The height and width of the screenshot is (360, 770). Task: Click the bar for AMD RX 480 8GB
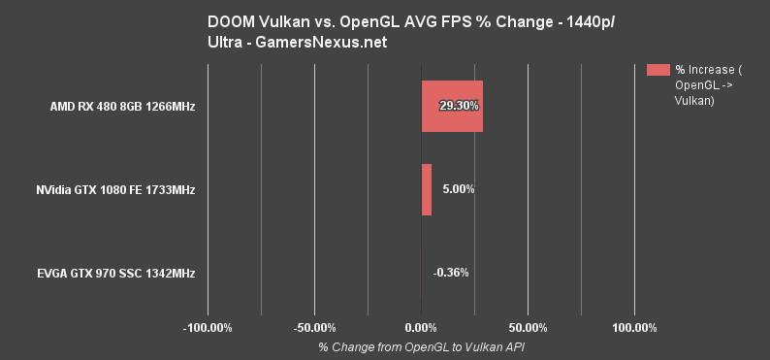point(452,106)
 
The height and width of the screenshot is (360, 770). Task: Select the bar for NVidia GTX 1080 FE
point(427,189)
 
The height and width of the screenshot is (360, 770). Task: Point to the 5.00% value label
point(458,189)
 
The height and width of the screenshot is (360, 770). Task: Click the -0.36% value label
point(451,273)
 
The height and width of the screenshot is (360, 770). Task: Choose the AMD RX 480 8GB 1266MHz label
point(123,106)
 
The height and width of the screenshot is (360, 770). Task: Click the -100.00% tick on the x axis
point(209,327)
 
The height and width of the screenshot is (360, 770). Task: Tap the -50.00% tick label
point(316,327)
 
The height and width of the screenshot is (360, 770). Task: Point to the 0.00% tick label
point(422,327)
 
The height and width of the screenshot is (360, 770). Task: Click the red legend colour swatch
point(658,69)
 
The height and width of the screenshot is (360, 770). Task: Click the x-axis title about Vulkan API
point(421,346)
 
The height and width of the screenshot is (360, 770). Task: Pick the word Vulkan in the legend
point(694,100)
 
